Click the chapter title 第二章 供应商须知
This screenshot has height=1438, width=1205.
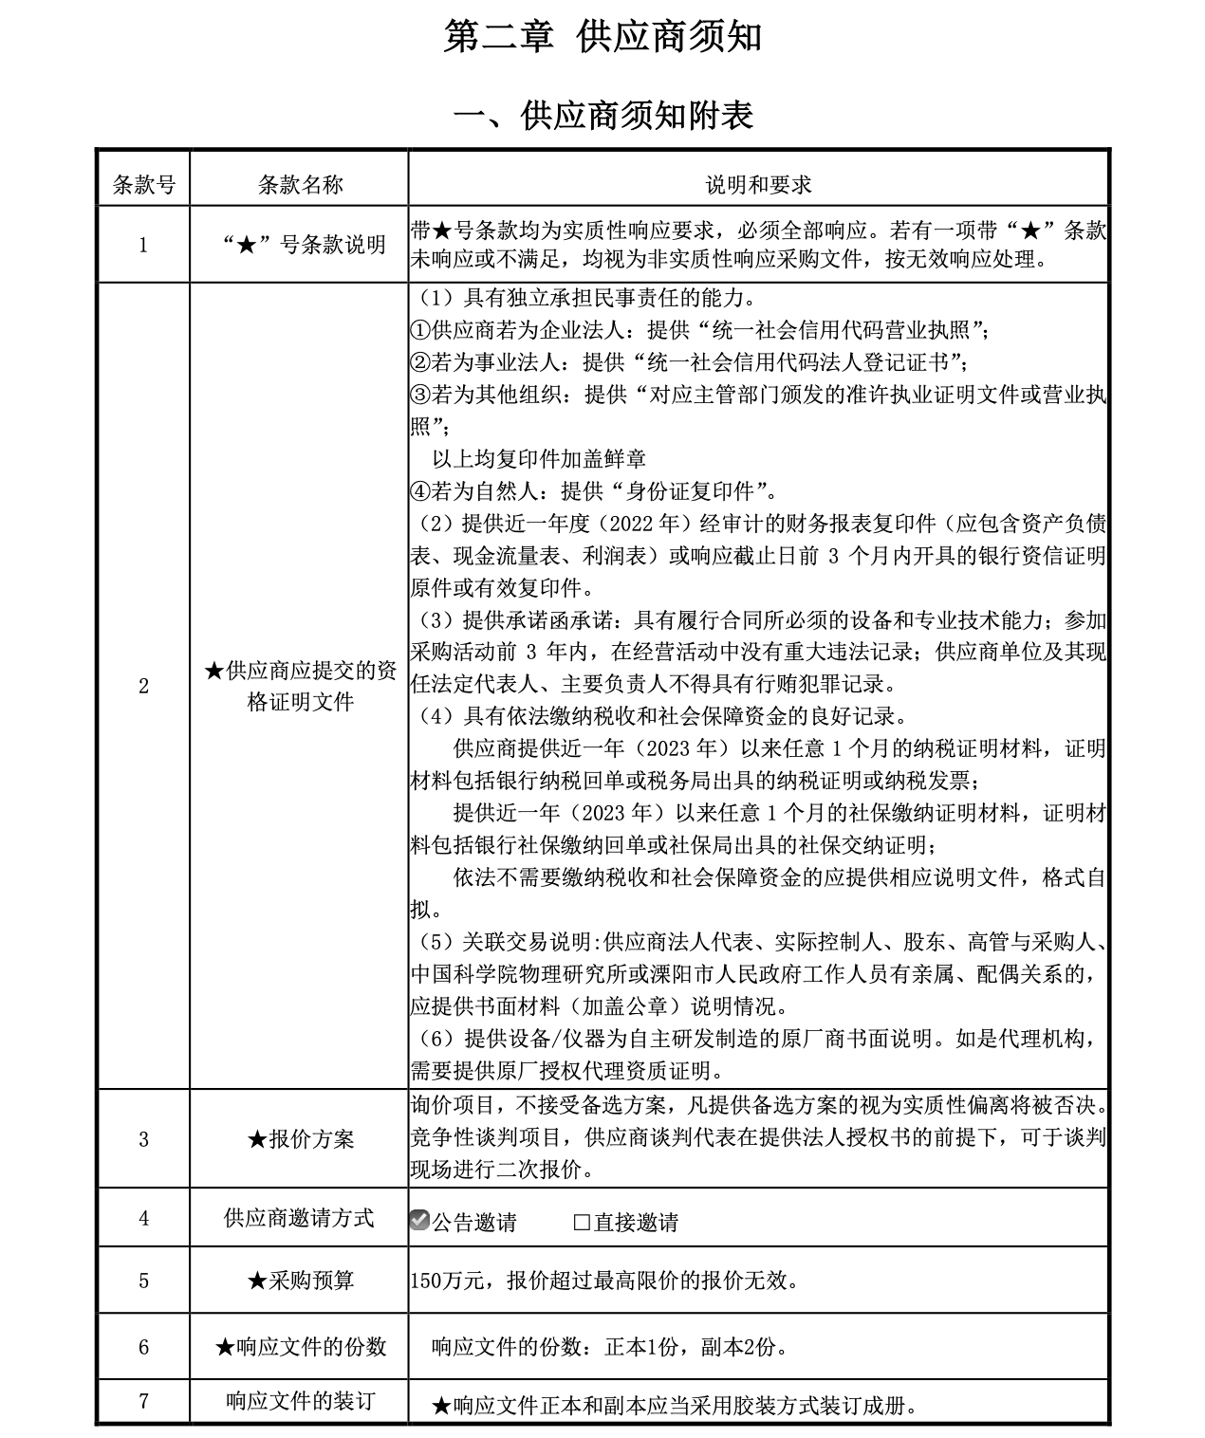pyautogui.click(x=602, y=38)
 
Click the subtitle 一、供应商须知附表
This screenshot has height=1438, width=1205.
pyautogui.click(x=602, y=116)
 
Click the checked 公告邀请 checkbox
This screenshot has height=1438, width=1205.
pyautogui.click(x=419, y=1221)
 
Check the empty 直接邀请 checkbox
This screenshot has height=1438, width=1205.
pyautogui.click(x=582, y=1222)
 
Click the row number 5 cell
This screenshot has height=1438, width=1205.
pyautogui.click(x=143, y=1281)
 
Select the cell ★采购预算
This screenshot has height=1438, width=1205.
pyautogui.click(x=300, y=1281)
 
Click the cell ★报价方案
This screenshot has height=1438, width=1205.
pyautogui.click(x=300, y=1139)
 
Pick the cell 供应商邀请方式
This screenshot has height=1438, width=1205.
pyautogui.click(x=300, y=1218)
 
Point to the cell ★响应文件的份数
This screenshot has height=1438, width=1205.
pyautogui.click(x=300, y=1346)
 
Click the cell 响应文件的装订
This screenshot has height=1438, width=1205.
pyautogui.click(x=300, y=1401)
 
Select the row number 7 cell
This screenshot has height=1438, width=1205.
pyautogui.click(x=143, y=1401)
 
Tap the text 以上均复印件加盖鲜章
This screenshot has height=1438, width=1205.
pyautogui.click(x=539, y=459)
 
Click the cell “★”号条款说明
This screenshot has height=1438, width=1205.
pyautogui.click(x=300, y=245)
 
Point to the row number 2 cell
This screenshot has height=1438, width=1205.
pyautogui.click(x=143, y=686)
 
